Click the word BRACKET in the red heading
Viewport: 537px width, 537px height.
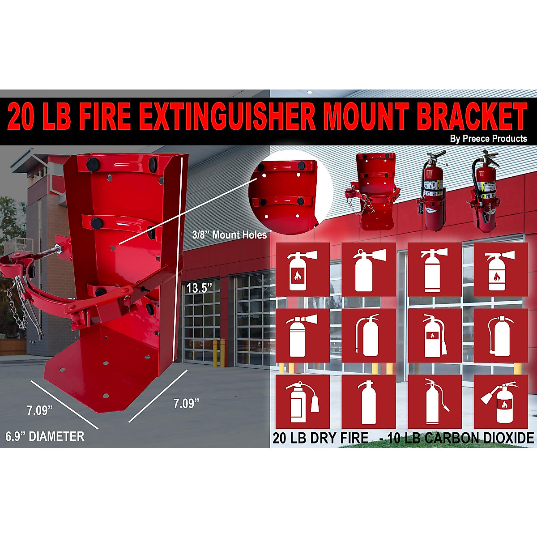pos(472,117)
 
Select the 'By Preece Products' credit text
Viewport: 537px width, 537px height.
pos(488,139)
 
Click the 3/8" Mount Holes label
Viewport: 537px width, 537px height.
pos(229,235)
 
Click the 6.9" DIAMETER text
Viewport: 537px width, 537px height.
pos(45,436)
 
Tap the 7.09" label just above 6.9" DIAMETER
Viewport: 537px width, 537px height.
pos(40,410)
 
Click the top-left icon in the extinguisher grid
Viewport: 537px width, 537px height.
pos(303,269)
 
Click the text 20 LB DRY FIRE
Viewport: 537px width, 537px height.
pos(320,438)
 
